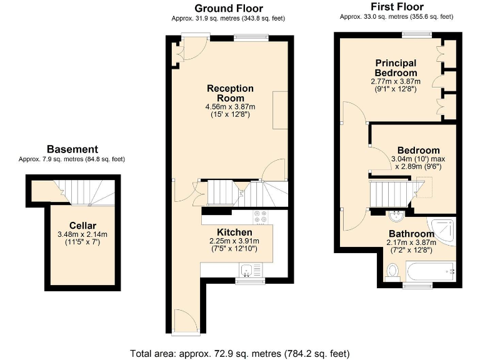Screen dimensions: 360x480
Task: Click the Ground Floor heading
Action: tap(228, 8)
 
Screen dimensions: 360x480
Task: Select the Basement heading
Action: tap(72, 149)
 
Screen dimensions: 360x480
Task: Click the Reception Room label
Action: tap(230, 93)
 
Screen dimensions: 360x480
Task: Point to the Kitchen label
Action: tap(234, 233)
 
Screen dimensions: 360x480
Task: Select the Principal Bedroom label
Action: tap(396, 67)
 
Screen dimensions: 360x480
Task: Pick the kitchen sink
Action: tap(247, 271)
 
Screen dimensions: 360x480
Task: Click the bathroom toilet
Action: tap(392, 271)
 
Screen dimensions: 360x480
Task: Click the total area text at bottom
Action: tap(239, 352)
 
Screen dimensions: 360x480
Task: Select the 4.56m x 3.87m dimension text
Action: tap(230, 107)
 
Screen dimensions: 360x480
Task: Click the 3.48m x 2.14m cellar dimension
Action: tap(82, 235)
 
